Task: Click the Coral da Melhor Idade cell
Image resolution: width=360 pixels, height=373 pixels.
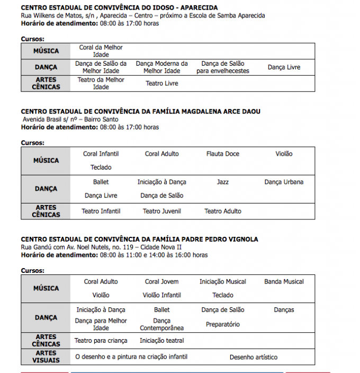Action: (x=101, y=51)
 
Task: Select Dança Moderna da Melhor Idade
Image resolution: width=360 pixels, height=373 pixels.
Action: (x=161, y=67)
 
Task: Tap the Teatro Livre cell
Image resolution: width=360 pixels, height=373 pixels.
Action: (x=162, y=83)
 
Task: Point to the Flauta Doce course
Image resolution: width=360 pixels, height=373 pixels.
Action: (x=223, y=154)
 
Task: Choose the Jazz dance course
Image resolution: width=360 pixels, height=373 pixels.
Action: (x=223, y=182)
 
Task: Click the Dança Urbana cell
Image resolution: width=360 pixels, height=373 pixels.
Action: (x=284, y=182)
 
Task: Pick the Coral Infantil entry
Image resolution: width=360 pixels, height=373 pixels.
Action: (x=101, y=154)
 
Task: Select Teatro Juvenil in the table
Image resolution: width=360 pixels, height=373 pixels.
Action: (x=162, y=211)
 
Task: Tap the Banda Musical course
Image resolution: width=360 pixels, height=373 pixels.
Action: (x=284, y=281)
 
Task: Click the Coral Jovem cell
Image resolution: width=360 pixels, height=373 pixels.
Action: (x=162, y=281)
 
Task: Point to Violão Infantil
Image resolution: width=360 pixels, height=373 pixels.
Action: (x=162, y=295)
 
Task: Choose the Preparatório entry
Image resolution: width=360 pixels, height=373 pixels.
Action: (x=223, y=324)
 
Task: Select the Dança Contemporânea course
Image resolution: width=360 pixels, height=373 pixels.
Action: (x=162, y=324)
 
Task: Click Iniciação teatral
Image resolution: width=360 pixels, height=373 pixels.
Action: (x=162, y=341)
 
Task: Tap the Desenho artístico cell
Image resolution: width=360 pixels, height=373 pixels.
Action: (x=254, y=357)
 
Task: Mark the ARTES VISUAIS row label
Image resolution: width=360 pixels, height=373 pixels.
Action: (x=46, y=357)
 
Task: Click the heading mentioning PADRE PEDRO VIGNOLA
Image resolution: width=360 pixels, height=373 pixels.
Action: (x=139, y=239)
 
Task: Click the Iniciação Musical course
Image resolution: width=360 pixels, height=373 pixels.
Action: (x=223, y=281)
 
